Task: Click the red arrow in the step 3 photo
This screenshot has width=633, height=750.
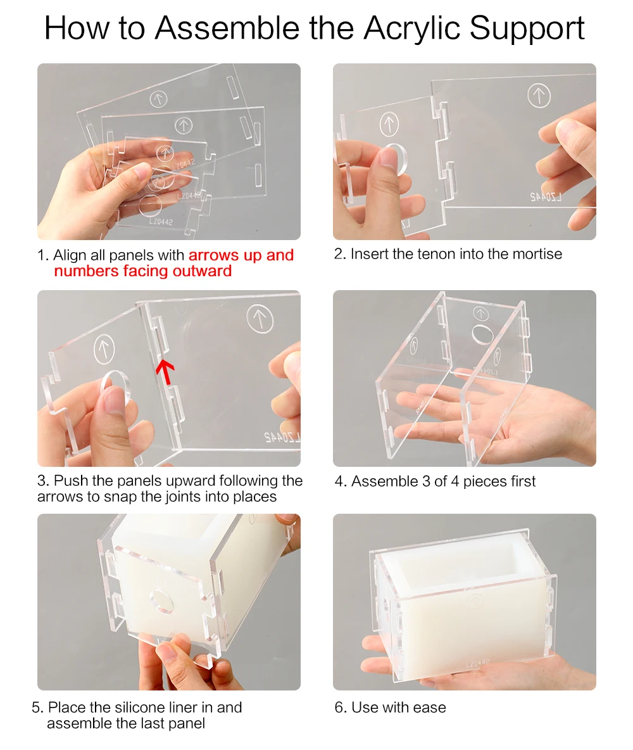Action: [165, 372]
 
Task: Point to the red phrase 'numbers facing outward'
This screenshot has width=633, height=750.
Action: [142, 271]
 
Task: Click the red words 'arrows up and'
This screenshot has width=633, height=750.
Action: [241, 255]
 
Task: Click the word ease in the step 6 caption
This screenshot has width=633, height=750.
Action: [430, 708]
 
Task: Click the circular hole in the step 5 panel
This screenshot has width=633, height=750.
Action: [161, 602]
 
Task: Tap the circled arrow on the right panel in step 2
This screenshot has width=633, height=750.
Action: [539, 95]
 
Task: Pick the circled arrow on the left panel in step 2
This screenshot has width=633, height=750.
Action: [389, 124]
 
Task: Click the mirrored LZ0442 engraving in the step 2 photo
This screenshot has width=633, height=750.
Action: [546, 196]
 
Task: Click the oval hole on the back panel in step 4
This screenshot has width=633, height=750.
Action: [483, 334]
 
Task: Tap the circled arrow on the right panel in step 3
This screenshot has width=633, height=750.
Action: [260, 319]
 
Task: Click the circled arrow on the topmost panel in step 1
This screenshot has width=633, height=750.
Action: [158, 99]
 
